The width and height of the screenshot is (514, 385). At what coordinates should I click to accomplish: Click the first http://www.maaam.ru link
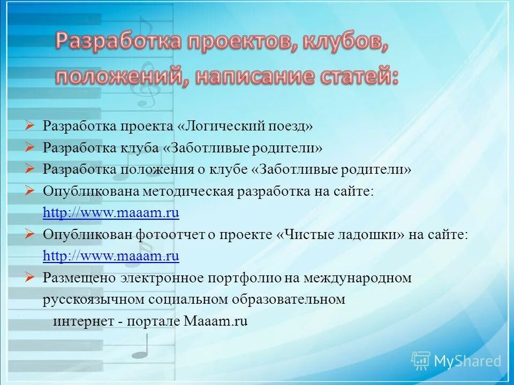coord(111,213)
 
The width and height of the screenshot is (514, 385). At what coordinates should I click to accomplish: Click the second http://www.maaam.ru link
coord(111,256)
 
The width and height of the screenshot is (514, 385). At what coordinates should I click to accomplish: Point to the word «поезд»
coord(289,126)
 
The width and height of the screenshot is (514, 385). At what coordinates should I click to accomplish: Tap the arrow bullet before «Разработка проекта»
coord(30,126)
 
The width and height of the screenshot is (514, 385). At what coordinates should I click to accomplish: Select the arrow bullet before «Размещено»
coord(30,277)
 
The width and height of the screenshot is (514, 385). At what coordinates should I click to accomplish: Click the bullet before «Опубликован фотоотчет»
coord(30,234)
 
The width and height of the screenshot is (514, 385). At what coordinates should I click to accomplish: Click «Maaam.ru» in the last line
coord(215,321)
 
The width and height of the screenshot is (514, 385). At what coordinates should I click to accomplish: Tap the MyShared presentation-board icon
coord(421,361)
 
